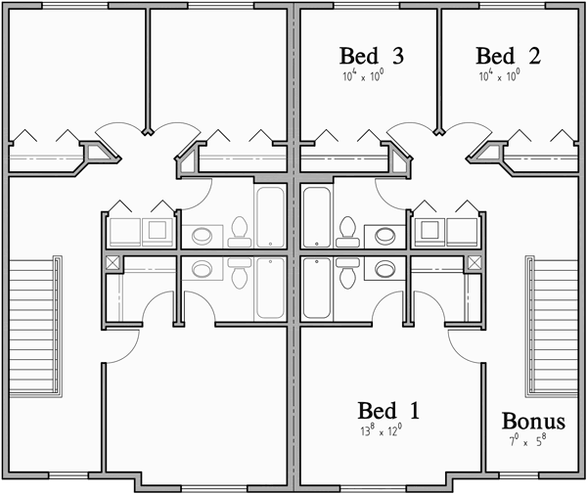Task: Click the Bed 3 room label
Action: tap(372, 55)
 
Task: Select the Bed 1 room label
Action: tap(388, 411)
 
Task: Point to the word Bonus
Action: tap(533, 422)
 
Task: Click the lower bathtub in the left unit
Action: tap(269, 289)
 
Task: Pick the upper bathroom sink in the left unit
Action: tap(203, 235)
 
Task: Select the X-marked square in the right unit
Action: tap(475, 263)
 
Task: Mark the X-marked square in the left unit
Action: tap(113, 263)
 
